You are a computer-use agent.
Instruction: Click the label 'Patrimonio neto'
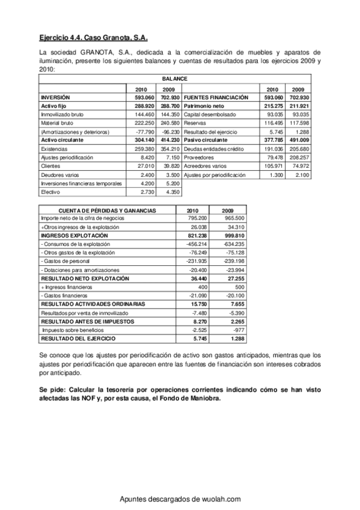204,105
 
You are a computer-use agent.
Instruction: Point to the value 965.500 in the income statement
233,218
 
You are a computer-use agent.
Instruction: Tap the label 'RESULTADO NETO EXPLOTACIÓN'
84,279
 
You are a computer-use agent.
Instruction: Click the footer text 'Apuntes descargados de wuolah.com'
180,499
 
